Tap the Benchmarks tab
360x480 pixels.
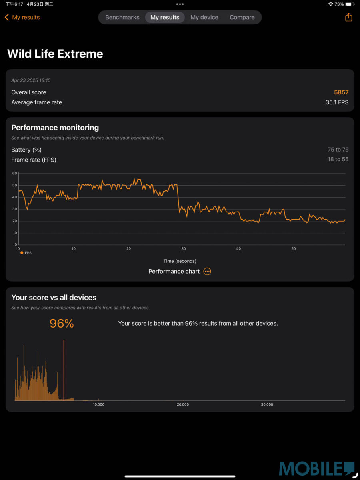(x=122, y=17)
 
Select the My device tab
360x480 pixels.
(x=204, y=17)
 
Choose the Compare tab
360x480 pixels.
(x=242, y=17)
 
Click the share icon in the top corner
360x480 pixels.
(x=348, y=17)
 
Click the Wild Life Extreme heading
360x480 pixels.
(x=55, y=54)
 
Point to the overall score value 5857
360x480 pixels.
(x=341, y=92)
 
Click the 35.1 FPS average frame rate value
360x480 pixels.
(x=337, y=102)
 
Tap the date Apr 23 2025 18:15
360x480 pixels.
(x=31, y=80)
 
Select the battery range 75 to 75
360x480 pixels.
(x=338, y=150)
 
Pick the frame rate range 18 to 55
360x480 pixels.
(x=338, y=159)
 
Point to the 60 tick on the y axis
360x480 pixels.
(x=15, y=173)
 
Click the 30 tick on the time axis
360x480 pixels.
(x=184, y=249)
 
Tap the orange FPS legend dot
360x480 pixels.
(x=22, y=253)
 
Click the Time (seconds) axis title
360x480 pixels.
(x=180, y=261)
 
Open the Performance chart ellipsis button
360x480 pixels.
(x=207, y=271)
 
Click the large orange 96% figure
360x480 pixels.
(x=62, y=323)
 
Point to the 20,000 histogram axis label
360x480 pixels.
(x=183, y=404)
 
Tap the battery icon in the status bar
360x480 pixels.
(x=349, y=4)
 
